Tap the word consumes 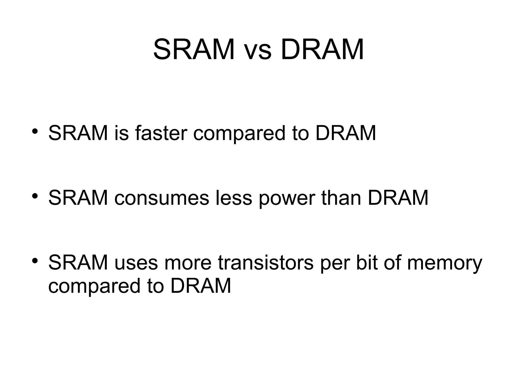(162, 198)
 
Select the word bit (366, 263)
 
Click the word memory (445, 264)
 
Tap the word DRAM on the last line (201, 286)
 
